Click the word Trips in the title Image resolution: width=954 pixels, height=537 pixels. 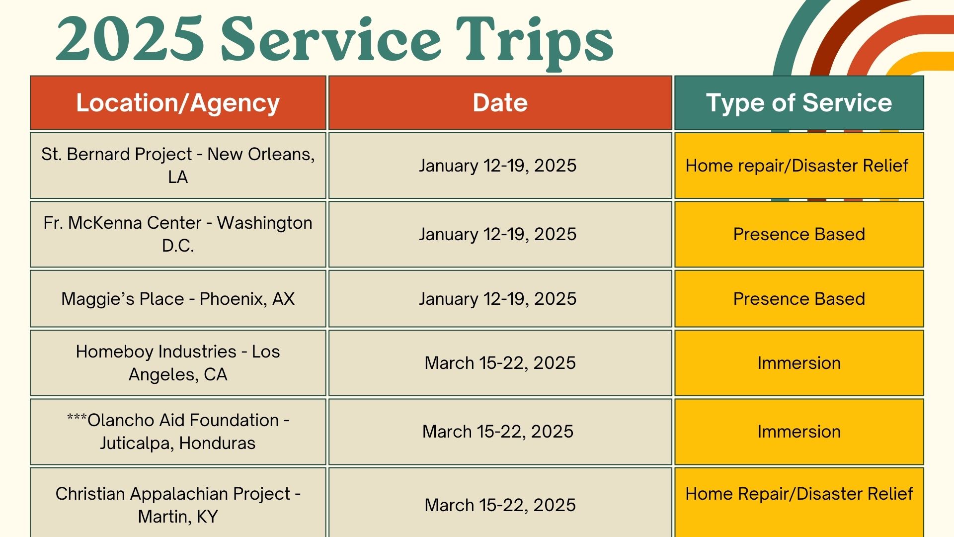click(535, 42)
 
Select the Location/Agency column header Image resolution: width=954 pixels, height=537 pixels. click(178, 103)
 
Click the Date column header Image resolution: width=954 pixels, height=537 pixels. click(500, 103)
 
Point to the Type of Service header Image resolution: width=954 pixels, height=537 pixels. click(799, 103)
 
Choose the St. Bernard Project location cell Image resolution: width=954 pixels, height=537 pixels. click(178, 166)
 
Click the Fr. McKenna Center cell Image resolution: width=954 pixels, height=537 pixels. click(178, 234)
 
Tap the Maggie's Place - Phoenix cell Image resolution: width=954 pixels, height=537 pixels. click(178, 299)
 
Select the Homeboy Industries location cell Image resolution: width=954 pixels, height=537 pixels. click(178, 363)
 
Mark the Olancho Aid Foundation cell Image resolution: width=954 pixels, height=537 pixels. click(178, 432)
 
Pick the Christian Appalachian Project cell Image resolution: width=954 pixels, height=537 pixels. click(178, 502)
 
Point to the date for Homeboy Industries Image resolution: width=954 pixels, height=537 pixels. click(500, 363)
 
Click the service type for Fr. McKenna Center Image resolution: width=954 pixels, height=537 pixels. click(799, 234)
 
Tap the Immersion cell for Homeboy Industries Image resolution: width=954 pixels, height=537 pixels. click(799, 363)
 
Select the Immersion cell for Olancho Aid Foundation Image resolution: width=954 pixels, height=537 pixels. click(799, 432)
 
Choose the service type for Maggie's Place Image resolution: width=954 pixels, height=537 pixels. click(799, 299)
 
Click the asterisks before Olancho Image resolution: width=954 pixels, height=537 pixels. click(77, 418)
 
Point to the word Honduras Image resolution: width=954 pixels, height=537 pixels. click(217, 443)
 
